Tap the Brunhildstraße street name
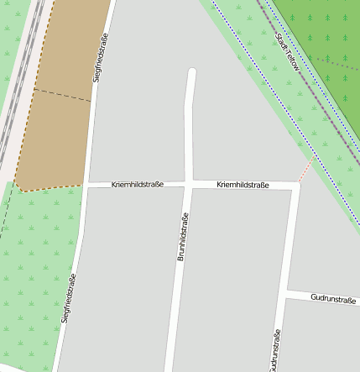click(x=181, y=236)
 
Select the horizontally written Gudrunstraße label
click(x=333, y=298)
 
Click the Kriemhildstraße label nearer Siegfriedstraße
click(x=137, y=183)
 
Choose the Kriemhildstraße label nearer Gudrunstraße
click(x=243, y=184)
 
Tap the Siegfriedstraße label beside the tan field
click(x=99, y=55)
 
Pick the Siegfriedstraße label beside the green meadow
click(x=70, y=299)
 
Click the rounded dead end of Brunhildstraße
click(x=192, y=74)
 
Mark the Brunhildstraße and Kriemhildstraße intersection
click(x=189, y=184)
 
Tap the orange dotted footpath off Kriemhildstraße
click(x=307, y=167)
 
